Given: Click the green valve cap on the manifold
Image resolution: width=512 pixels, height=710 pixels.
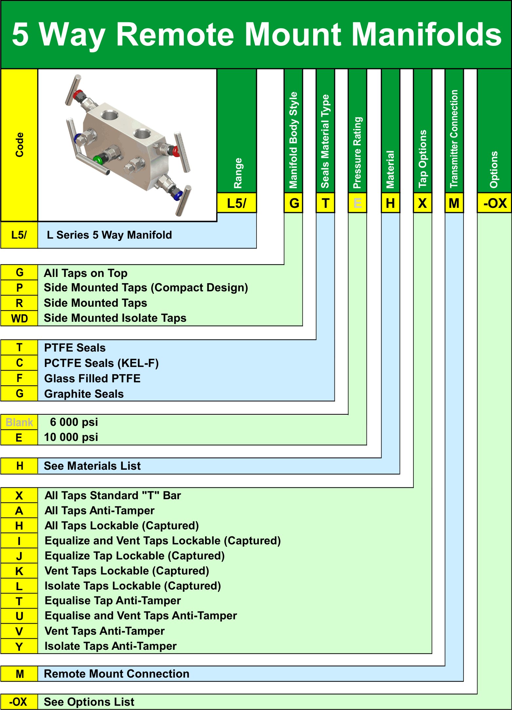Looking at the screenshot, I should point(98,160).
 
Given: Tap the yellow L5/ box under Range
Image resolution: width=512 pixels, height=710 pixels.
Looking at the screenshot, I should point(237,203).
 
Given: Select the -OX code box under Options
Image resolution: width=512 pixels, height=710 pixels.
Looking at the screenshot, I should point(494,203).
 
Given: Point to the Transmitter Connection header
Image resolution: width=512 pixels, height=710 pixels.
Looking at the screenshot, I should point(454,139).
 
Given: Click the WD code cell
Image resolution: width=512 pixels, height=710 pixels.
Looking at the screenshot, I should point(19,318).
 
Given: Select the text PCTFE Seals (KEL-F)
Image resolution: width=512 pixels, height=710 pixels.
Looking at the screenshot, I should point(101,363).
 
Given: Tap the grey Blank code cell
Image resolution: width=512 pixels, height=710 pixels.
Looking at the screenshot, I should point(19,422).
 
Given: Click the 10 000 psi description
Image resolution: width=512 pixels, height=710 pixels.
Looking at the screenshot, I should point(71,437).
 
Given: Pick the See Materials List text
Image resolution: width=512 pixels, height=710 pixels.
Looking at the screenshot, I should point(92,466).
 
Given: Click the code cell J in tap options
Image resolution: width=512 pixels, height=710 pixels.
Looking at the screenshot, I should point(19,556).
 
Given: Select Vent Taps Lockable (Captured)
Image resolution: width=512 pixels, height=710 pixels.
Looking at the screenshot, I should point(127,571).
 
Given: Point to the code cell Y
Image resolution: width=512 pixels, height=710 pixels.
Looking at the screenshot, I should point(19,646).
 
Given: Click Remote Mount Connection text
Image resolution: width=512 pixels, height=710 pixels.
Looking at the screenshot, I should point(117,674).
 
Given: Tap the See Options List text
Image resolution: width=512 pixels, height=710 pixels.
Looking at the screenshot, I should point(89,702).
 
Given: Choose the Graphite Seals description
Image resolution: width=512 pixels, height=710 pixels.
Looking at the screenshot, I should point(84,394).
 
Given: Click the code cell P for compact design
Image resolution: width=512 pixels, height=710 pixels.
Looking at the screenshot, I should point(19,288).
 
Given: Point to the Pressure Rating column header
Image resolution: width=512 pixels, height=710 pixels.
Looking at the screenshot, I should point(357,153).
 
